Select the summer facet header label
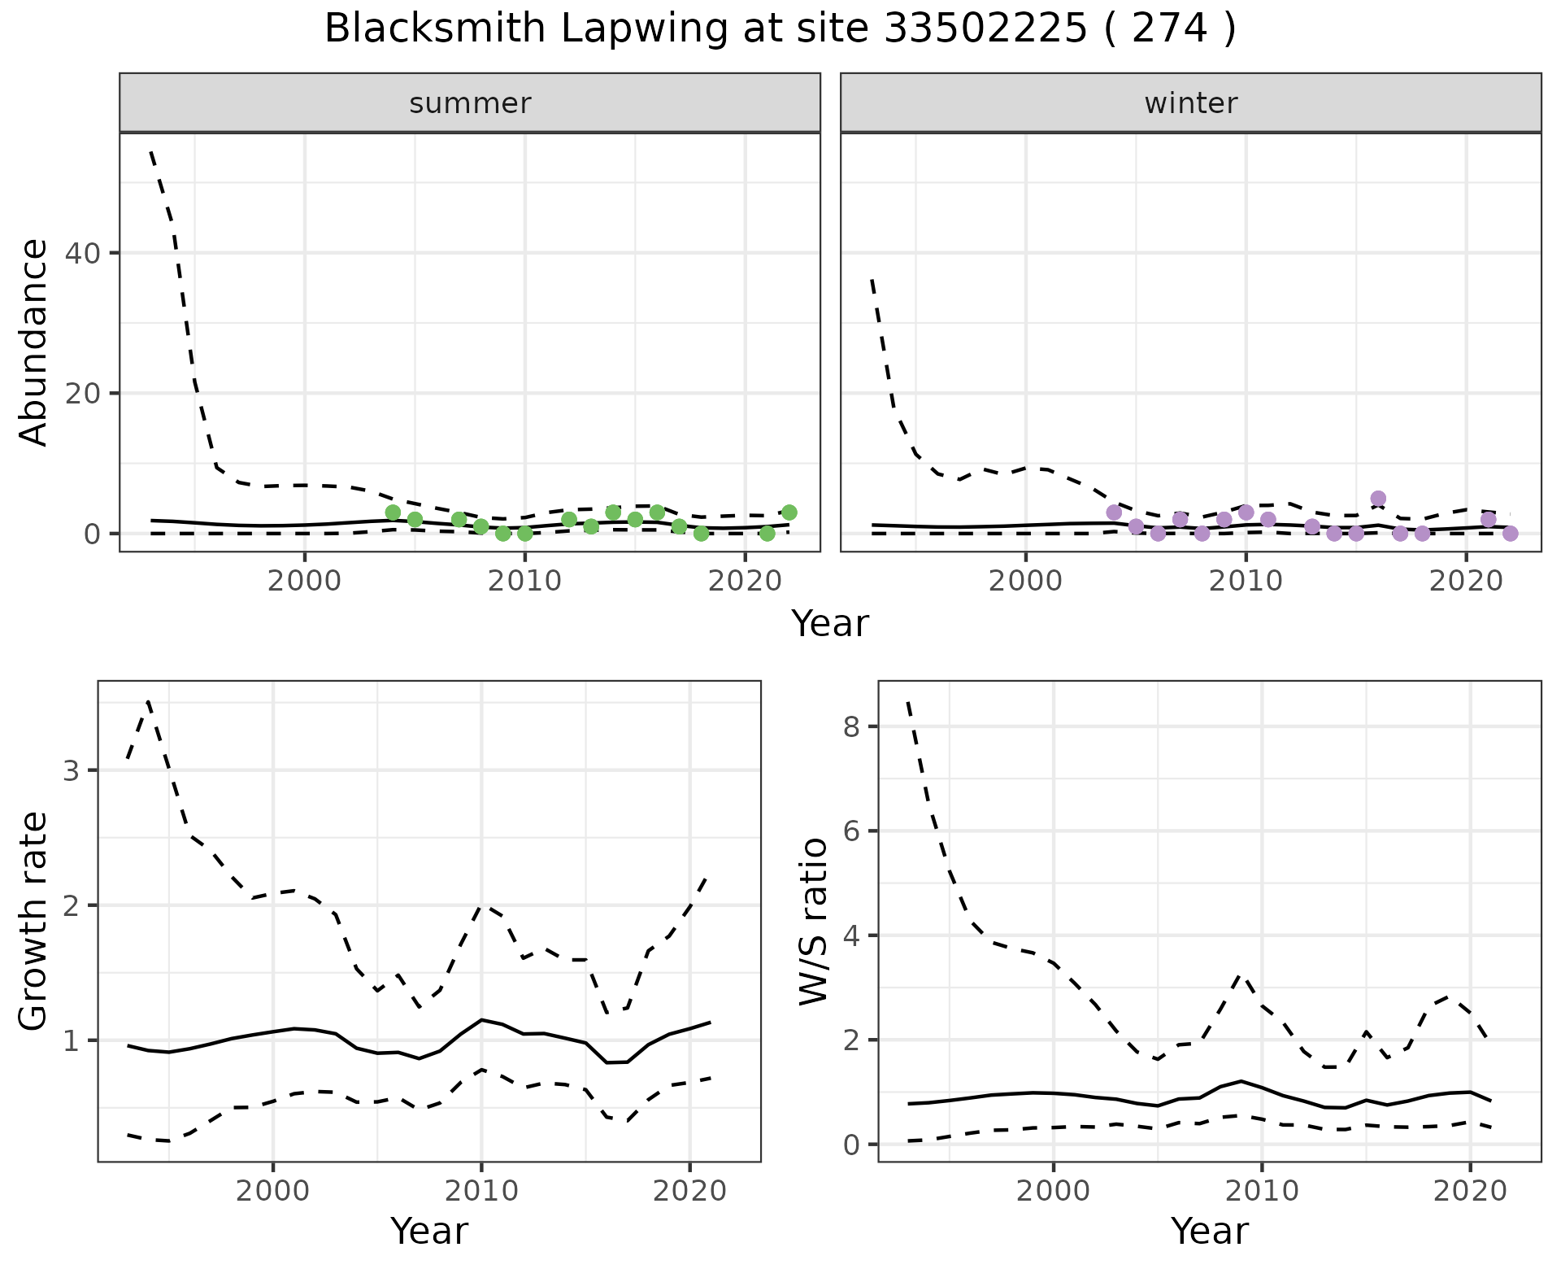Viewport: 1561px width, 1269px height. (x=470, y=103)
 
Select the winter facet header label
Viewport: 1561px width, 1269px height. (x=1190, y=103)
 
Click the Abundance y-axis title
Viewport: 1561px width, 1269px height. (x=34, y=342)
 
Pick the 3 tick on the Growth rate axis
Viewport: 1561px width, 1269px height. (x=71, y=771)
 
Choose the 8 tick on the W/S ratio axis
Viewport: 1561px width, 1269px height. (x=851, y=726)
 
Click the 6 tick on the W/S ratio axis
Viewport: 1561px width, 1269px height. (x=851, y=831)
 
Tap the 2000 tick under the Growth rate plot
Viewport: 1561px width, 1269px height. (x=273, y=1191)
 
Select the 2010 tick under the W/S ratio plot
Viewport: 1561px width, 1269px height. (x=1261, y=1191)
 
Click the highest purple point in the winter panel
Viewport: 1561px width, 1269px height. (x=1378, y=499)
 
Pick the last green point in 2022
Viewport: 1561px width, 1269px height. (x=789, y=512)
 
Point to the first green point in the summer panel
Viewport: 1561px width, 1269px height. (x=393, y=512)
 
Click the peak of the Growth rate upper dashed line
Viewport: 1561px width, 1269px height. (x=148, y=700)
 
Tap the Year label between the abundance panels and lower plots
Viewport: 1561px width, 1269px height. (x=830, y=625)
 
